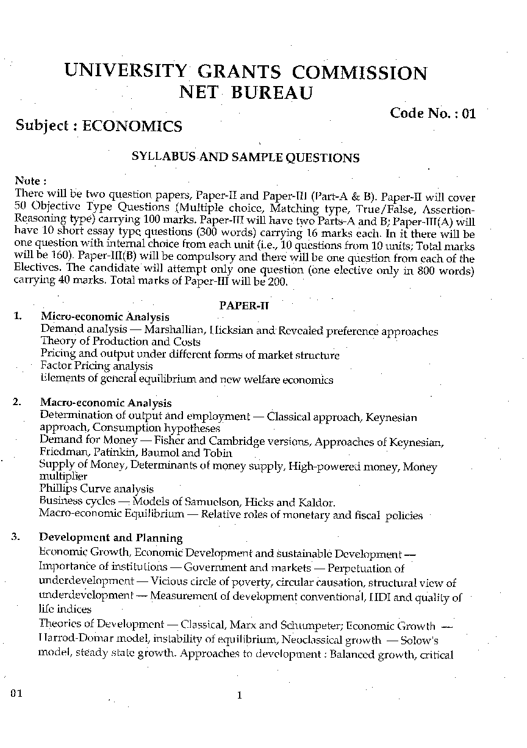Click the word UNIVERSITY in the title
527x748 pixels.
pos(125,73)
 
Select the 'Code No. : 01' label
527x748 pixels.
pos(432,113)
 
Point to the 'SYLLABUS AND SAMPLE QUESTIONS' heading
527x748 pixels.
pos(246,157)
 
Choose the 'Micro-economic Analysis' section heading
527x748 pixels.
pos(105,317)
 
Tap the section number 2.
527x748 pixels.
pos(18,402)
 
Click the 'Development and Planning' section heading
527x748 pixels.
pos(111,538)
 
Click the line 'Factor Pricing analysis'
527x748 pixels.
pos(96,366)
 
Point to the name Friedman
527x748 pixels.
pos(60,453)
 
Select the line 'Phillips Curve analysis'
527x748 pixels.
pos(96,489)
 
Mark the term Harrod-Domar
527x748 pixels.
pos(73,640)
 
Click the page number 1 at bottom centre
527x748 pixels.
pos(239,695)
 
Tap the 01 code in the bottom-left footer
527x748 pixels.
pos(16,694)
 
